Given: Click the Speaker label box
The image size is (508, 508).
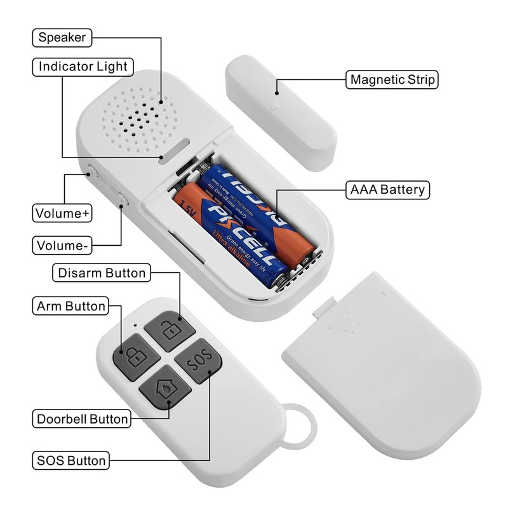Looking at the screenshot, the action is click(62, 37).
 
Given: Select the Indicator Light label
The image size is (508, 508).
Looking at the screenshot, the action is click(83, 67).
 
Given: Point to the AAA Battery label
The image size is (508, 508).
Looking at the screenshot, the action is click(388, 189).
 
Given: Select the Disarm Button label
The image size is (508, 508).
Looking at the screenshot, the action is click(102, 274).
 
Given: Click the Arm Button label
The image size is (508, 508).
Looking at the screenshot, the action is click(70, 306).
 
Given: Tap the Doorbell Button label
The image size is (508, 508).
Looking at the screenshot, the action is click(83, 419).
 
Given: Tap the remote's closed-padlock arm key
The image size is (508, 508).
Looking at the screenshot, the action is click(135, 358).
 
